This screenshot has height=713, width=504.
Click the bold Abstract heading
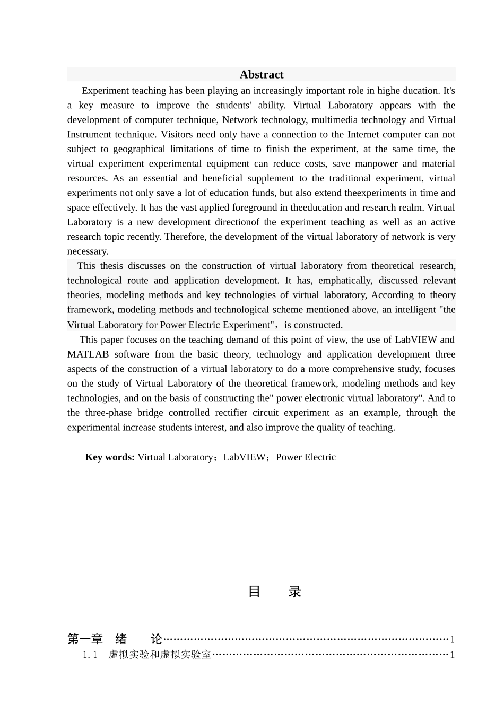[261, 74]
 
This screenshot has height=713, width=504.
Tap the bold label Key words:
[110, 457]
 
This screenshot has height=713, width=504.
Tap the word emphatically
[345, 280]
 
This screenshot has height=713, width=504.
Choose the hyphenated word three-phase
[106, 412]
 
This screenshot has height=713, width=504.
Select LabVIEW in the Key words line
[244, 457]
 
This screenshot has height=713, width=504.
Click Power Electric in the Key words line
[306, 457]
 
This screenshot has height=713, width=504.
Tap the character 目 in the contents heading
[254, 592]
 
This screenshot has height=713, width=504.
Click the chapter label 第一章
[85, 639]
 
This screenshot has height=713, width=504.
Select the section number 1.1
[90, 655]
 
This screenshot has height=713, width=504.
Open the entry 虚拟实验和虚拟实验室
[160, 655]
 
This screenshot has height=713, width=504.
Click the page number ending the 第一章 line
[452, 639]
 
